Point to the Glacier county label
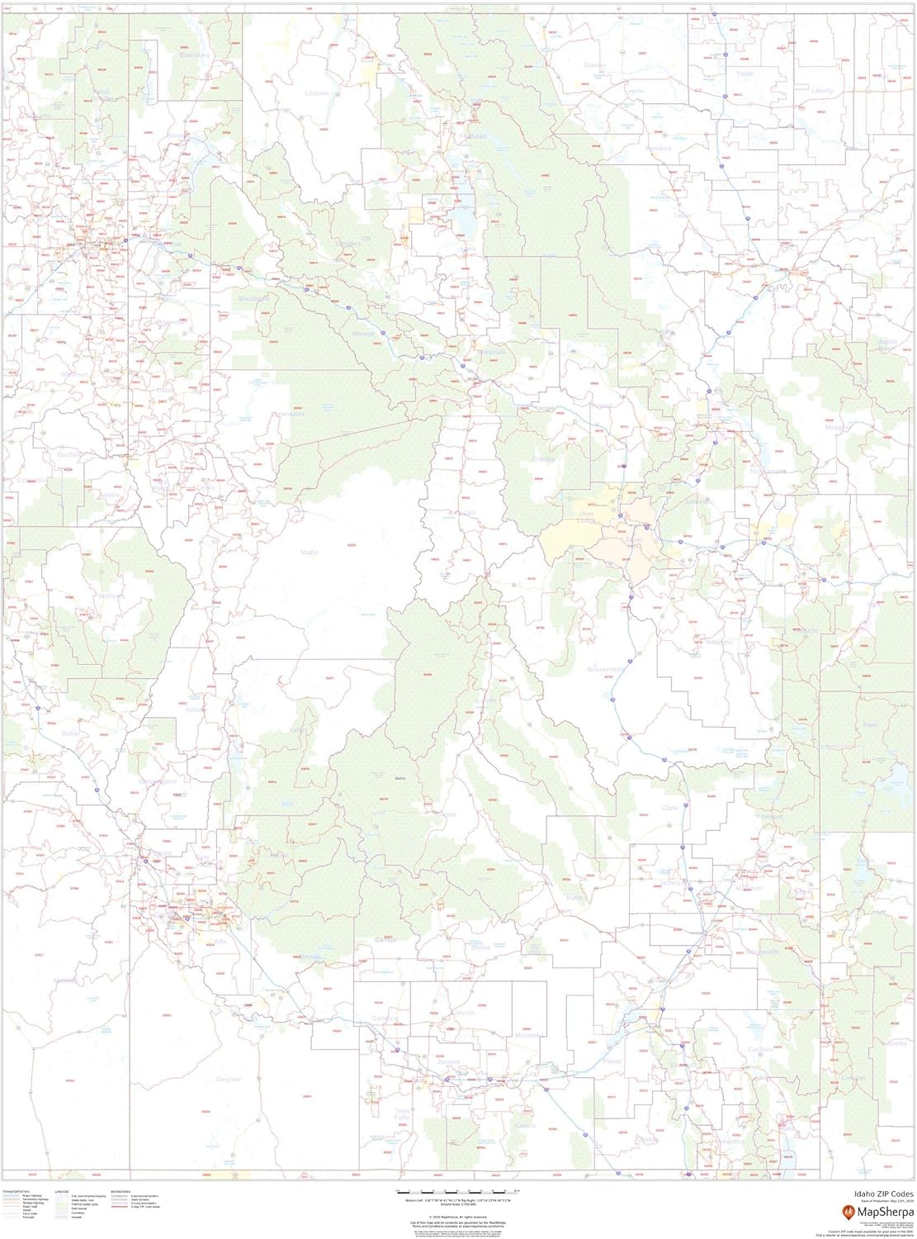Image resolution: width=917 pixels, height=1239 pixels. tap(594, 64)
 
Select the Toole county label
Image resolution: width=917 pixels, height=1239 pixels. tap(744, 74)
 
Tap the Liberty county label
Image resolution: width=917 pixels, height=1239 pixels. tap(822, 90)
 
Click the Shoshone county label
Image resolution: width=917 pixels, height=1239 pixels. tap(253, 297)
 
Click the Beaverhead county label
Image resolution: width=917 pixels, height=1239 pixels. tap(608, 669)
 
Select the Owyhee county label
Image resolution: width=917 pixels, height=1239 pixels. tap(228, 1079)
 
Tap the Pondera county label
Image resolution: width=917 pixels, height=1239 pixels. tap(659, 148)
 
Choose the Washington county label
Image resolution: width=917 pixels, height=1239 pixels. tap(158, 781)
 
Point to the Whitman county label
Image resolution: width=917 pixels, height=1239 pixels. tap(74, 374)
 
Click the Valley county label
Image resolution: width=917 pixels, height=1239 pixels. tap(298, 730)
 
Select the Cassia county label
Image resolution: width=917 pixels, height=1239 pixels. tap(525, 1125)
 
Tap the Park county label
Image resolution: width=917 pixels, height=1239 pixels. tap(869, 724)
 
